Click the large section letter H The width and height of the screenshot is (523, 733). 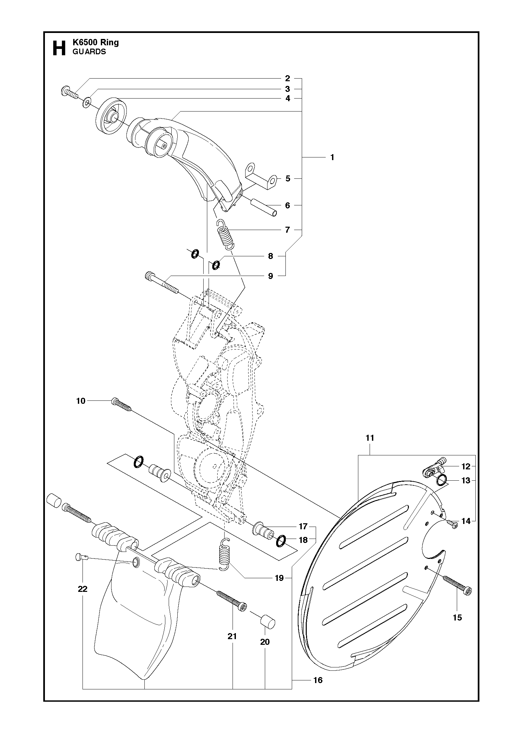point(59,49)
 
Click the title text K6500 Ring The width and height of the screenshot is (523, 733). point(95,42)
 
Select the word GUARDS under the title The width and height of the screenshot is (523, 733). point(89,52)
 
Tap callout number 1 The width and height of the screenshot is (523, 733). point(332,157)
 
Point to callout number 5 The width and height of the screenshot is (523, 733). point(288,178)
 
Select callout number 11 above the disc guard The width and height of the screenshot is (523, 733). point(370,438)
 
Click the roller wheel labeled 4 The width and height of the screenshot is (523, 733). point(112,117)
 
